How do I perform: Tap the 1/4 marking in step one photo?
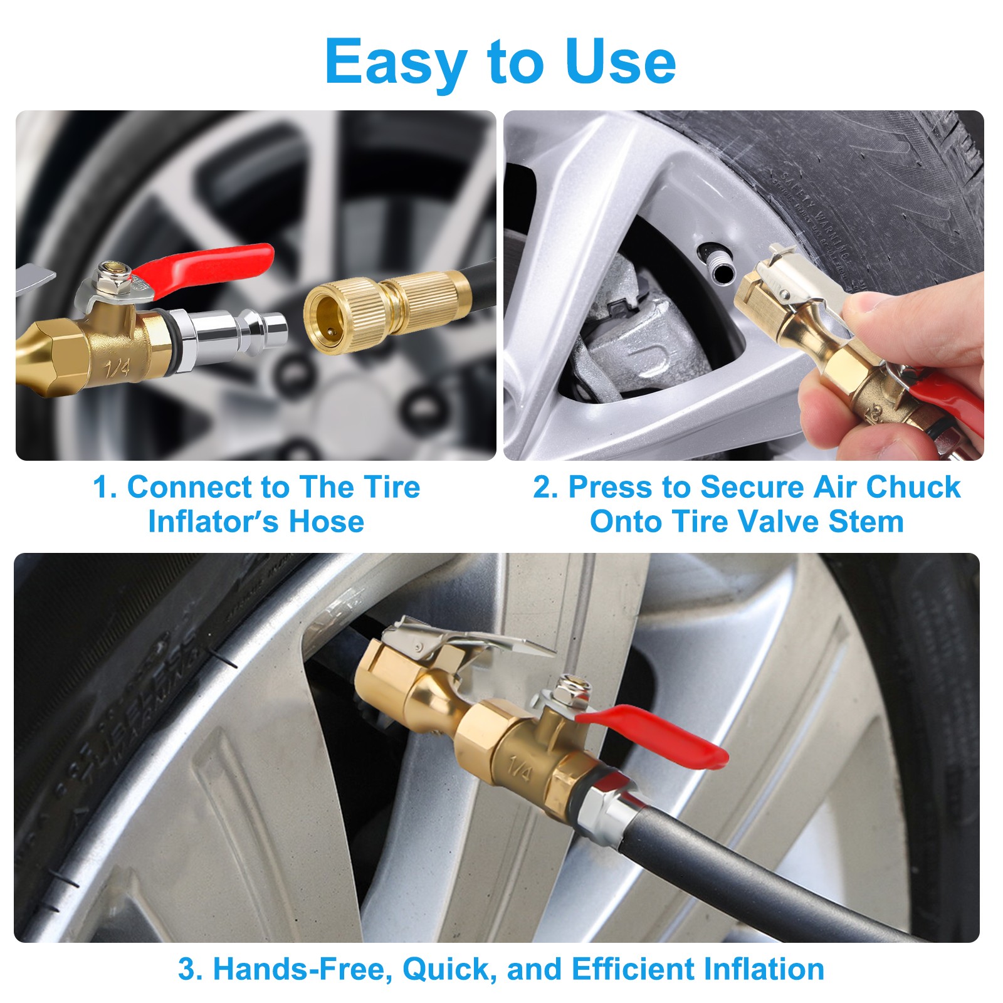click(117, 367)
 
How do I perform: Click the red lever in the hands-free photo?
click(664, 733)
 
